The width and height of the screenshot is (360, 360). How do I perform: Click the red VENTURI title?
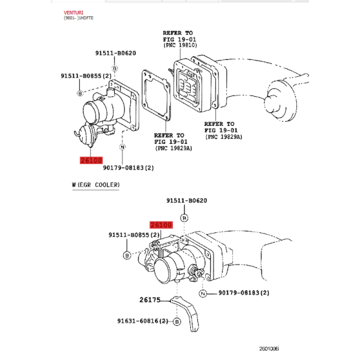[73, 13]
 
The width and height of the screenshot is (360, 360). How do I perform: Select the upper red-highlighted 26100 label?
[91, 160]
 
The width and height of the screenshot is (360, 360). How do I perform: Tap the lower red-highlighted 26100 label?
[161, 225]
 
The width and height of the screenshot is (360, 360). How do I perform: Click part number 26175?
[150, 300]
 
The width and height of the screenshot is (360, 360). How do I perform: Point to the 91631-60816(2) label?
[143, 321]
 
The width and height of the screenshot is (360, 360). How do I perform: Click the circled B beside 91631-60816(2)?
[177, 322]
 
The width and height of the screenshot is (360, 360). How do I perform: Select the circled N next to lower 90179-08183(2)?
[203, 293]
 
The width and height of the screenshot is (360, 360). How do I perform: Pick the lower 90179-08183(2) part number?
[244, 293]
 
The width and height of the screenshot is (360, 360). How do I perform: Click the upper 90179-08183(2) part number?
[128, 168]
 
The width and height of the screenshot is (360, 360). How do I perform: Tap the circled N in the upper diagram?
[122, 147]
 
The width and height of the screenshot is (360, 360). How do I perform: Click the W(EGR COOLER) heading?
[96, 185]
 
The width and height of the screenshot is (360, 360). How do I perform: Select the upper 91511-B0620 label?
[116, 53]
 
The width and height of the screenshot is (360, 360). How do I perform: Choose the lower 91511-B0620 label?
[187, 200]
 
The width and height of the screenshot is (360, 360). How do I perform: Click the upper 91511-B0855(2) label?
[86, 76]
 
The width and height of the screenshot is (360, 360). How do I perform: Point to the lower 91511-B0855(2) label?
[134, 235]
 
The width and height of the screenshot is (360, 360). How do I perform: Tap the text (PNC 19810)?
[180, 45]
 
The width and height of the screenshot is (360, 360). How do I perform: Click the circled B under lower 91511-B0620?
[184, 218]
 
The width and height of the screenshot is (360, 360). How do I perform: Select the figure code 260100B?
[269, 349]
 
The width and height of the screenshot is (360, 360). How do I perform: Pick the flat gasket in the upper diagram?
[156, 95]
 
